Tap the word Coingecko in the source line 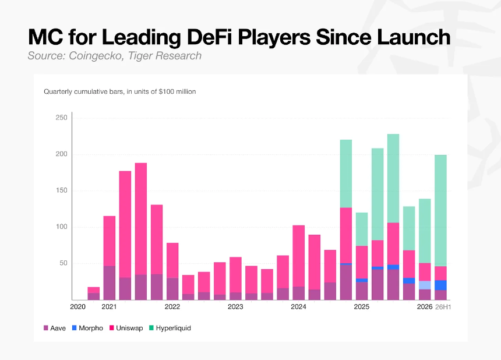pos(96,55)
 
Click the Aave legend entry pos(55,328)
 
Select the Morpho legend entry pos(87,328)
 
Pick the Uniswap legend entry pos(126,328)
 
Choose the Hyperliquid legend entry pos(170,328)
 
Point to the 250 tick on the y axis pos(62,118)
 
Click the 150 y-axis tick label pos(62,190)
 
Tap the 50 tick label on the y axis pos(63,263)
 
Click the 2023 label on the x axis pos(235,307)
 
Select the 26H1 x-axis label pos(443,307)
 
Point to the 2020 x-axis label pos(77,307)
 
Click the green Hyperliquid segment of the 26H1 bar pos(440,210)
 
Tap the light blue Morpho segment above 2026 pos(425,285)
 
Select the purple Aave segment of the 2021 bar pos(110,283)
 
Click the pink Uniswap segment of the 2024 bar pos(298,256)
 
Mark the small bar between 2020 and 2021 pos(94,294)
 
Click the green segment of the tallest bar pos(393,178)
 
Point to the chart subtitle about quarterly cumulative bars pos(120,91)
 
